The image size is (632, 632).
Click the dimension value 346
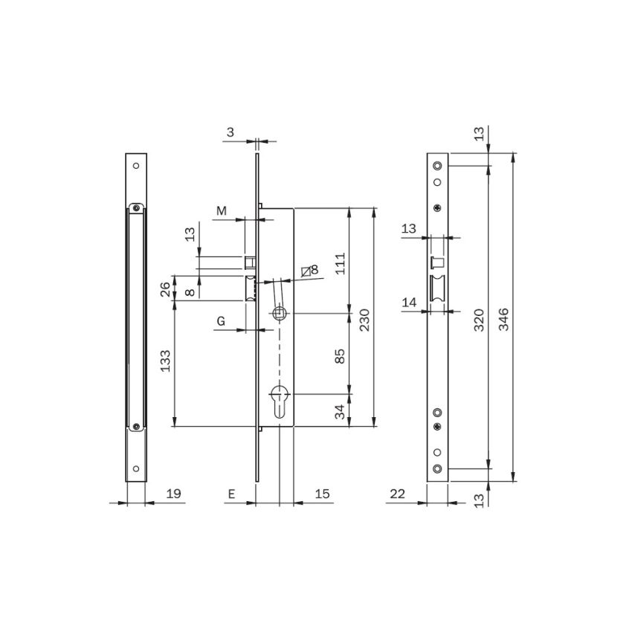click(503, 319)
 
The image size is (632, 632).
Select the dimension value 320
click(479, 319)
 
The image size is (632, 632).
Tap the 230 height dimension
click(364, 319)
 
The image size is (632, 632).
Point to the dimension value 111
click(340, 263)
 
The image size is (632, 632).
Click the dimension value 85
click(340, 355)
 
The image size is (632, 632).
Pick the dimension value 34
click(340, 412)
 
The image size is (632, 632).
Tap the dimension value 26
click(164, 290)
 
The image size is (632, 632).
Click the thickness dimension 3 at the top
click(230, 132)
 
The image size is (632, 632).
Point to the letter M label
click(221, 211)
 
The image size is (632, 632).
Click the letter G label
click(221, 320)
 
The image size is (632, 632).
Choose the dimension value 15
click(323, 493)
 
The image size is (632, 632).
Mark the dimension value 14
click(408, 302)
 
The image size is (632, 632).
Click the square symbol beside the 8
click(306, 271)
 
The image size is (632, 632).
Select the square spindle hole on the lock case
click(280, 313)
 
